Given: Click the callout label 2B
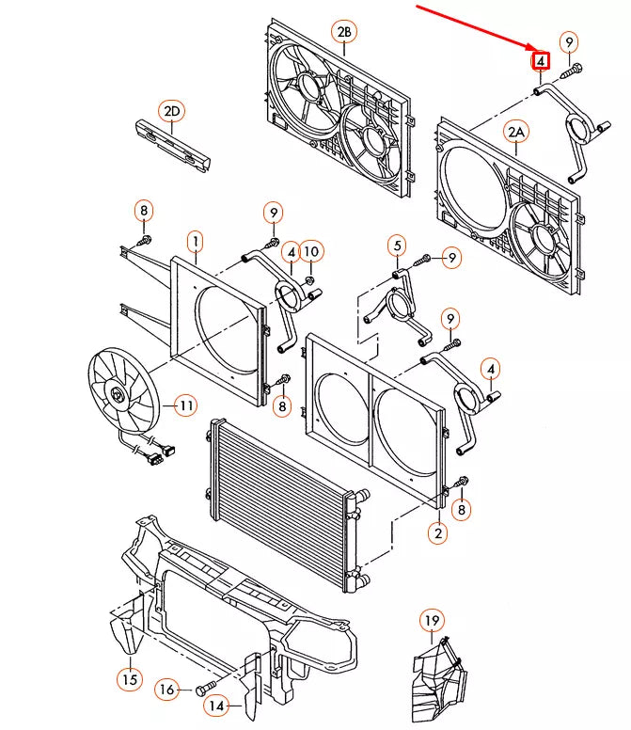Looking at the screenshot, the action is pyautogui.click(x=344, y=32).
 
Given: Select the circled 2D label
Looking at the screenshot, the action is pyautogui.click(x=172, y=111).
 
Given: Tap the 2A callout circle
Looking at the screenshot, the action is pyautogui.click(x=516, y=133).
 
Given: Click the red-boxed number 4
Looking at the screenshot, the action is pyautogui.click(x=541, y=61).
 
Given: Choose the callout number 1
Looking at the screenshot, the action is pyautogui.click(x=196, y=242).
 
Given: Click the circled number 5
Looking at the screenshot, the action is pyautogui.click(x=397, y=246).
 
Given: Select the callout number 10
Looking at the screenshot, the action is pyautogui.click(x=311, y=252).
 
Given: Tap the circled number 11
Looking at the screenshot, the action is pyautogui.click(x=185, y=405).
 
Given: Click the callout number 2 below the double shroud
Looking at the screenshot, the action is pyautogui.click(x=438, y=532).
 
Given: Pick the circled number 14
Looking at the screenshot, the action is pyautogui.click(x=216, y=706).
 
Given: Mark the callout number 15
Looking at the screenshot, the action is pyautogui.click(x=130, y=679).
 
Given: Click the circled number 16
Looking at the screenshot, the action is pyautogui.click(x=166, y=690).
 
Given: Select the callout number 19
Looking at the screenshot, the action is pyautogui.click(x=432, y=620).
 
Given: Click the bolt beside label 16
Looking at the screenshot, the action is pyautogui.click(x=206, y=688).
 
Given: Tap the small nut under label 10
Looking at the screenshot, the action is pyautogui.click(x=310, y=279).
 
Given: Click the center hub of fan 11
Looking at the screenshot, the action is pyautogui.click(x=116, y=395).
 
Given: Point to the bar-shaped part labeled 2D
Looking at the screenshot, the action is pyautogui.click(x=172, y=146).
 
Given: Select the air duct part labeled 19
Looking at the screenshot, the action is pyautogui.click(x=439, y=680).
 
